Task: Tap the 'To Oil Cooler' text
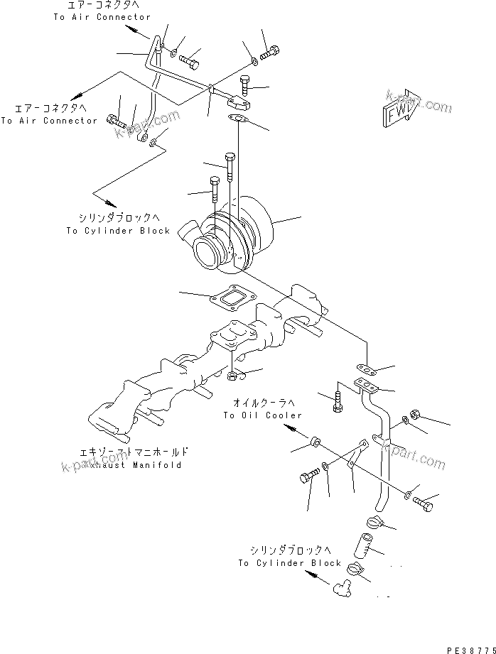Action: pyautogui.click(x=262, y=415)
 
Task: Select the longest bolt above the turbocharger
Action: pyautogui.click(x=229, y=167)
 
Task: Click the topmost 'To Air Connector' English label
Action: pyautogui.click(x=112, y=17)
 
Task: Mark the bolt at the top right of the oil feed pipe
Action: pyautogui.click(x=271, y=52)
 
